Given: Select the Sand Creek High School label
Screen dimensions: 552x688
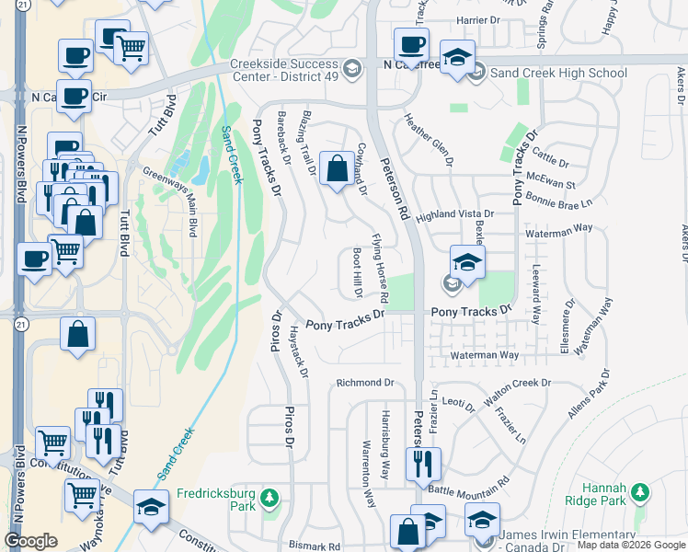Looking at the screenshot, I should click(x=558, y=73).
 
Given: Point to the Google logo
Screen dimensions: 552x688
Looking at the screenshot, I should click(x=30, y=540).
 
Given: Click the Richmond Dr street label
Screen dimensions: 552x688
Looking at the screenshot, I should click(x=364, y=383).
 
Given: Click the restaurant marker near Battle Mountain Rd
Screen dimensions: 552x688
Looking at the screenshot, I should click(x=422, y=464).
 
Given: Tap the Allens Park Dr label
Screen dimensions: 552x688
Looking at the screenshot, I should click(x=588, y=395).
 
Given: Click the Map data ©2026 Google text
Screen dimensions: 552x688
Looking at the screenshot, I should click(x=631, y=545).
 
